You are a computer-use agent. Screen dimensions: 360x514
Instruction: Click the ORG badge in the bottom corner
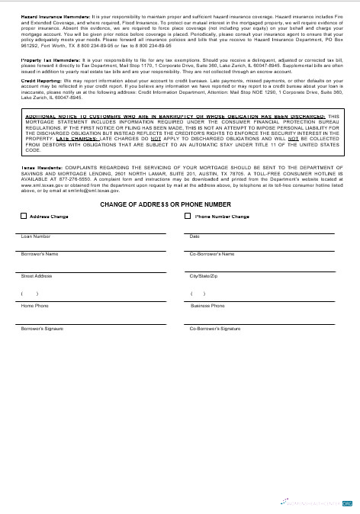click(x=347, y=504)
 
